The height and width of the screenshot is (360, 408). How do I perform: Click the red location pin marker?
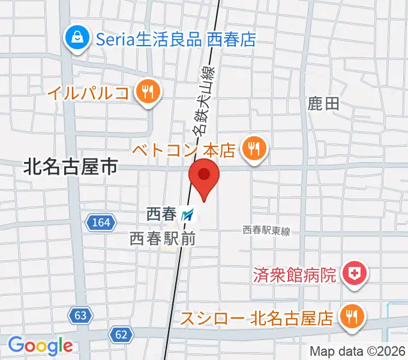pos(204,177)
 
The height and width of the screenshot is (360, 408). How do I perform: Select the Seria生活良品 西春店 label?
pos(176,40)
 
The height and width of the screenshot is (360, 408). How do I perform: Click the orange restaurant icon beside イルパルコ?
pos(146,92)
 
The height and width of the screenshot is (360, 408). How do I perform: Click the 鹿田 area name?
pos(324,104)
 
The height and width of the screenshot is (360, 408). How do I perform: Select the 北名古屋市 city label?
pos(70,167)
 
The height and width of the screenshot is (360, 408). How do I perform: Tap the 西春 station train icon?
pos(188,213)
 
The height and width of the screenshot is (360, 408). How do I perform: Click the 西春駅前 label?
pos(163,238)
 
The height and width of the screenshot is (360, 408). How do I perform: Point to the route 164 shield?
pos(101,223)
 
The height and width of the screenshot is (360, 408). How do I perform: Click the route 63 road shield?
pos(80,314)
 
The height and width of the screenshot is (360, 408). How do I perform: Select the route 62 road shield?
pos(121,334)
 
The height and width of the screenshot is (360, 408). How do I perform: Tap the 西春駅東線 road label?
pos(266,230)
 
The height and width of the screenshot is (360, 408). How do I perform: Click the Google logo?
pos(40,346)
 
